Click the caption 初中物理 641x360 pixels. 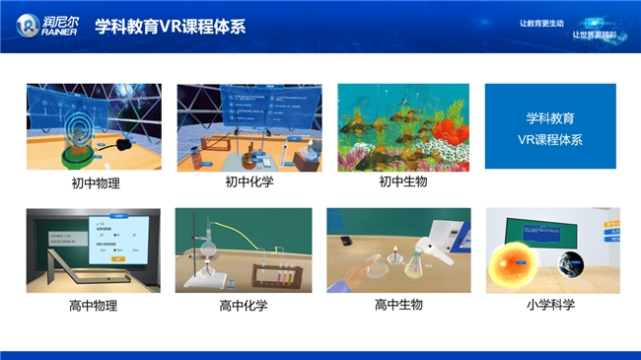(x=94, y=182)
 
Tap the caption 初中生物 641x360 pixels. (x=403, y=181)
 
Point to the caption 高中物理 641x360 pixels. (x=94, y=306)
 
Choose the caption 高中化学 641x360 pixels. (x=244, y=306)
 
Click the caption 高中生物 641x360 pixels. (x=399, y=305)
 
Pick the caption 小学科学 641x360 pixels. (x=551, y=305)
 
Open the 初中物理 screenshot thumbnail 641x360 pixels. (x=94, y=127)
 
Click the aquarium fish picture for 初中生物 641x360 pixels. (x=404, y=127)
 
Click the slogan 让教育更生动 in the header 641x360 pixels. (x=541, y=23)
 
